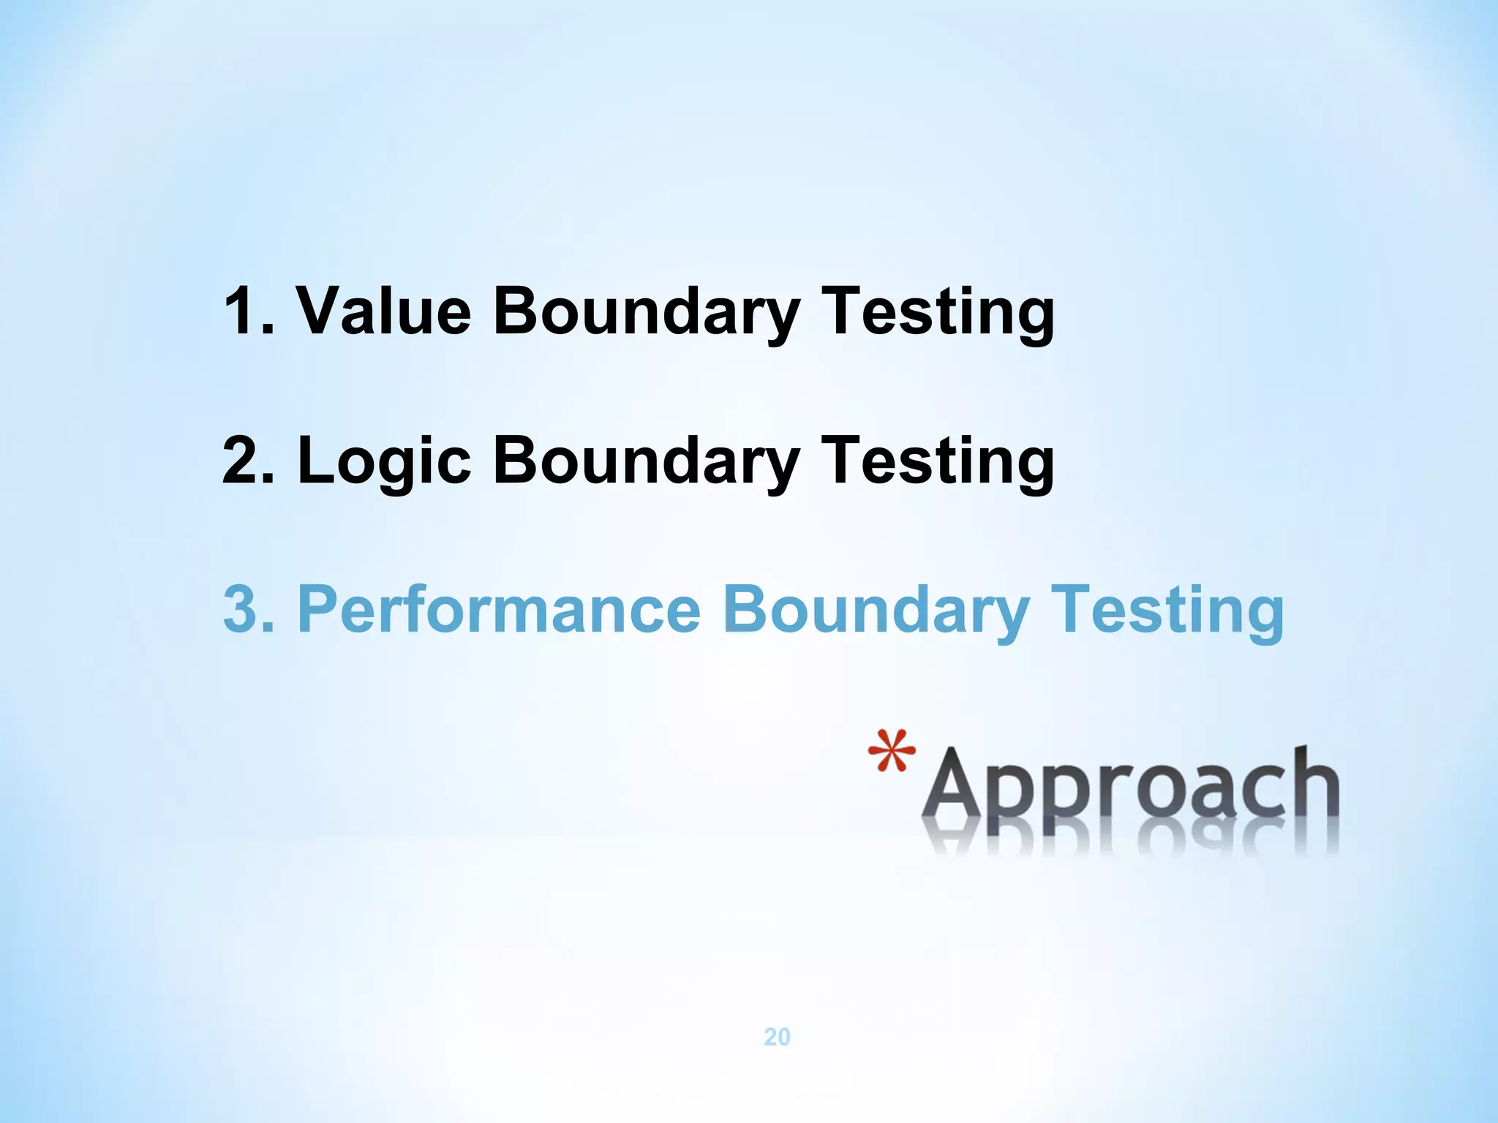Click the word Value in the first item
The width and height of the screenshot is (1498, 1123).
[x=383, y=311]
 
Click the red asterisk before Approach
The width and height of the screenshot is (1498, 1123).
[x=892, y=751]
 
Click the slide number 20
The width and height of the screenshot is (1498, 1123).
[x=777, y=1037]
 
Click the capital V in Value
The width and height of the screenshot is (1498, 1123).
[x=322, y=311]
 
